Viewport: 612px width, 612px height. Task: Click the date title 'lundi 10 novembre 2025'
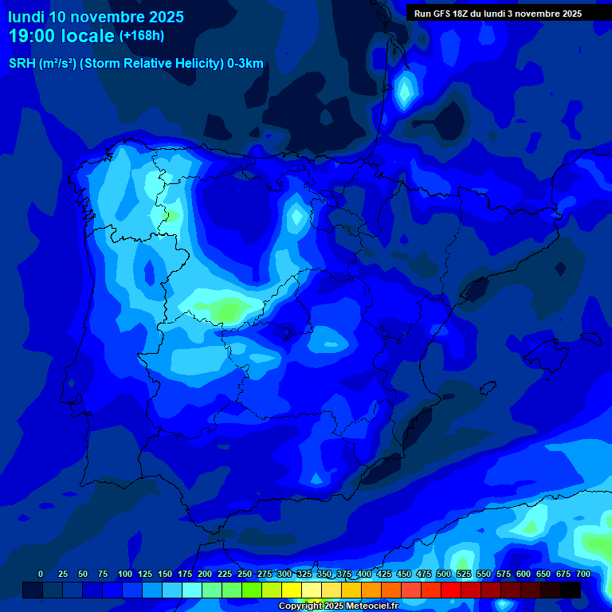96,17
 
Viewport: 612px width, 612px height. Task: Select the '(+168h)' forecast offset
142,36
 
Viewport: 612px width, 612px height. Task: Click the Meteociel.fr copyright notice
338,606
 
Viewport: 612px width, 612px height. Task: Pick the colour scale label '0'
41,574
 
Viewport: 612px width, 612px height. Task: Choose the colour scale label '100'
124,574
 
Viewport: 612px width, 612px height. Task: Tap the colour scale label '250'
244,574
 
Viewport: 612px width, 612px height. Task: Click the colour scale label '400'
363,574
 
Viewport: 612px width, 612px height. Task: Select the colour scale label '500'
443,574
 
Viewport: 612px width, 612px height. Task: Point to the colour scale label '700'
583,574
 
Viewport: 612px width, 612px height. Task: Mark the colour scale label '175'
184,574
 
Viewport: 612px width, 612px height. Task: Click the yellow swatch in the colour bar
292,590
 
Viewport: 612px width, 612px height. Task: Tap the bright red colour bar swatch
451,590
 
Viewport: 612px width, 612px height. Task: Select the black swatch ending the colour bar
571,590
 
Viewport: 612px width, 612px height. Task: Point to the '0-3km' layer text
245,64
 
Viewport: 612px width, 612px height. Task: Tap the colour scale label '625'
543,574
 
